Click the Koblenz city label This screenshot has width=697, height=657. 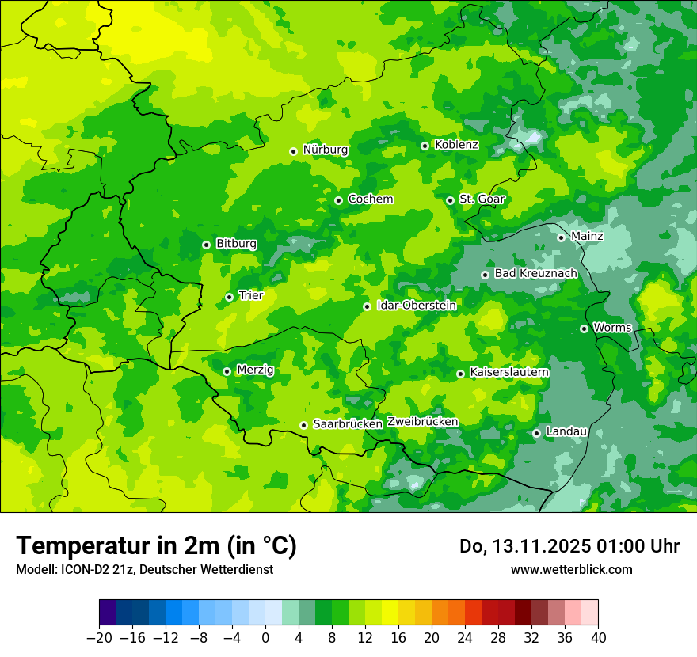click(456, 145)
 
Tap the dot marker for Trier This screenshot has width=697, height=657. click(229, 297)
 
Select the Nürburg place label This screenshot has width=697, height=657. click(325, 150)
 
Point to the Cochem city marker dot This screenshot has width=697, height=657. click(338, 200)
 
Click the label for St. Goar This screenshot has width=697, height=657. click(482, 199)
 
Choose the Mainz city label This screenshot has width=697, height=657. click(587, 236)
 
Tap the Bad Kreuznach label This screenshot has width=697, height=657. click(535, 273)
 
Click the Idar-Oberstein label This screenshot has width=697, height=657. click(416, 305)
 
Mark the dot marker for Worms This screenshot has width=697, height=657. click(584, 328)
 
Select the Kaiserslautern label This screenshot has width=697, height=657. click(509, 372)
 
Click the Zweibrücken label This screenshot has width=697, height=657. click(422, 422)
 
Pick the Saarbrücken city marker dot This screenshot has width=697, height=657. click(303, 425)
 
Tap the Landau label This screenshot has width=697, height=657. click(566, 431)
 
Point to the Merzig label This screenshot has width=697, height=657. click(255, 370)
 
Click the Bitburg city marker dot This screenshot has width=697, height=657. click(206, 245)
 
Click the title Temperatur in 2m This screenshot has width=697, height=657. click(156, 546)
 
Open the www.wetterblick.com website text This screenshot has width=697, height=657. click(571, 570)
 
